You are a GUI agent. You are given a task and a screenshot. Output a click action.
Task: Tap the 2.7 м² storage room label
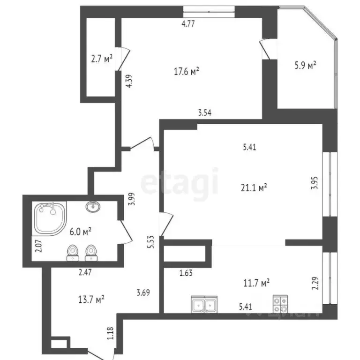[102, 59]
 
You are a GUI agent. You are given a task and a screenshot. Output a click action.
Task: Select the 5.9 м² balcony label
[305, 65]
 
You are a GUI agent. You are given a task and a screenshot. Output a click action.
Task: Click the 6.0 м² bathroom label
[80, 230]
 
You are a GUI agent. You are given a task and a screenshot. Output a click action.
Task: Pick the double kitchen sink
[204, 305]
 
